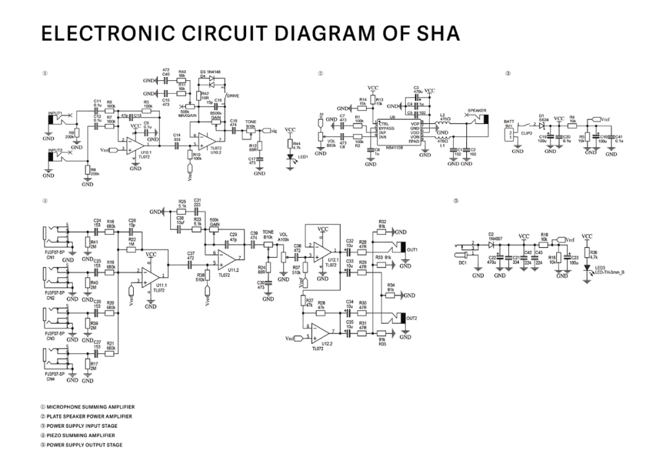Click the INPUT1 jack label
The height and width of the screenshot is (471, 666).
(x=55, y=113)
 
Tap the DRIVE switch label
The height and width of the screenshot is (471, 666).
(x=233, y=96)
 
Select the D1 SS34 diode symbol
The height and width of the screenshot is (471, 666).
(x=543, y=126)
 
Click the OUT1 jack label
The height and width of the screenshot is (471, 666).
(x=413, y=250)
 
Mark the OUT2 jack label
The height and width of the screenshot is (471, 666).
(x=413, y=318)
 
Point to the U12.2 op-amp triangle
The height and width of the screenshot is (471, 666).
(x=320, y=335)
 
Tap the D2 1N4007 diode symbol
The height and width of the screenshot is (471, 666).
(x=491, y=245)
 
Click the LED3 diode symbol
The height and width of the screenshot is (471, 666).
(x=588, y=269)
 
